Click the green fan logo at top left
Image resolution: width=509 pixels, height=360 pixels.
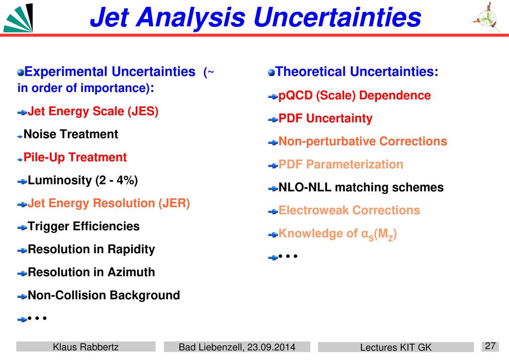point(18,18)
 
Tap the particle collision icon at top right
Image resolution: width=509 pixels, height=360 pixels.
point(486,17)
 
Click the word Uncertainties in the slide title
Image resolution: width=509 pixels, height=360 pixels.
point(338,17)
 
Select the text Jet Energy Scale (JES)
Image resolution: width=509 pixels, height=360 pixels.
point(93,111)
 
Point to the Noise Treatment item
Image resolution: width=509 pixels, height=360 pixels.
point(71,134)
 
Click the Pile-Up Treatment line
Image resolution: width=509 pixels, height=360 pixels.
point(75,157)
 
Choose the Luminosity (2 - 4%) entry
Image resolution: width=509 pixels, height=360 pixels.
point(83,180)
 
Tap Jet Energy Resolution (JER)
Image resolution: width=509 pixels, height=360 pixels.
point(109,203)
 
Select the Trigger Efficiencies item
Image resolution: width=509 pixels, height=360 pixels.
point(84,226)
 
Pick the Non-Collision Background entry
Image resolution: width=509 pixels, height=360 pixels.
point(104,295)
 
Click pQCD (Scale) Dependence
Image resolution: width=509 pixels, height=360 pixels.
point(354,95)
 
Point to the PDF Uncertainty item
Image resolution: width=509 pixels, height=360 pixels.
point(325,118)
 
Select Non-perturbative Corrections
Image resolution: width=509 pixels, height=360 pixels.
point(363,141)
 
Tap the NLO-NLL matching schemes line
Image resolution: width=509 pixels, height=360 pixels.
point(361,187)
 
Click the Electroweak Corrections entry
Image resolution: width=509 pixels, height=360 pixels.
point(349,210)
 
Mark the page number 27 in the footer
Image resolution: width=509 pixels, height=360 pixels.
point(490,346)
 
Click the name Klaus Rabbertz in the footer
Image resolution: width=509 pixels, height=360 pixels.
point(85,347)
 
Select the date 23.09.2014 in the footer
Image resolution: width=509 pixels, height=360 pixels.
point(271,347)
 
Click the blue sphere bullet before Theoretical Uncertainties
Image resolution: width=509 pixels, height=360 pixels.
point(272,73)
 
